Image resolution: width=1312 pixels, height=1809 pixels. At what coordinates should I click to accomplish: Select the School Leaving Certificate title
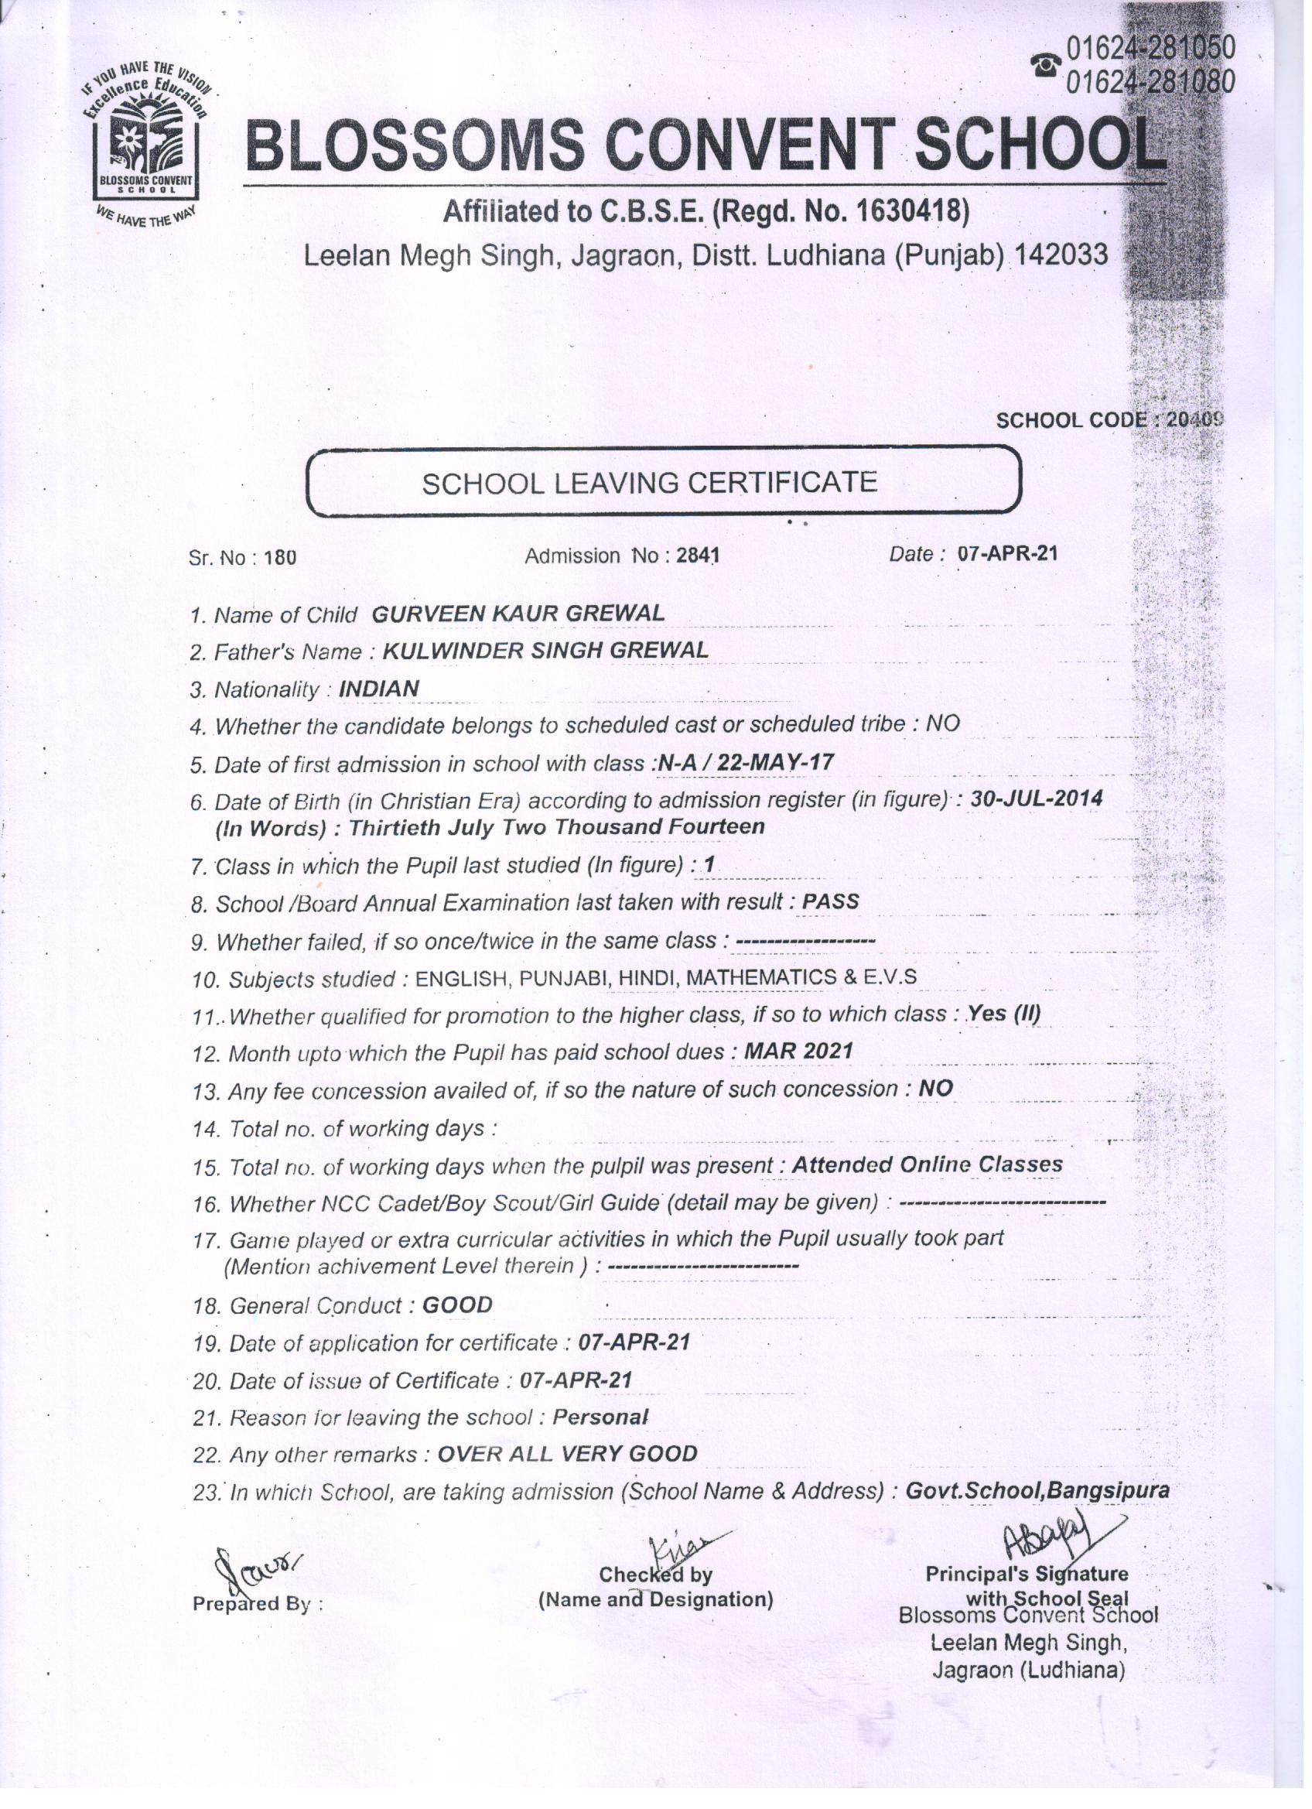(x=649, y=483)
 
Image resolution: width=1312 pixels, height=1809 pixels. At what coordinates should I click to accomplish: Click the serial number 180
(x=280, y=559)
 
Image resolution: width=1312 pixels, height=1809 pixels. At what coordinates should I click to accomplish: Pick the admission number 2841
(x=698, y=556)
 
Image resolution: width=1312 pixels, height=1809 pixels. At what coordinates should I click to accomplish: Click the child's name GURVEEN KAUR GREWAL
(x=518, y=614)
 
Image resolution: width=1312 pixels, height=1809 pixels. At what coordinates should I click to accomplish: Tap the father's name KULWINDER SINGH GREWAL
(x=545, y=651)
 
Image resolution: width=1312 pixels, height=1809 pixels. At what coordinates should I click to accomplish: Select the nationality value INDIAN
(x=379, y=689)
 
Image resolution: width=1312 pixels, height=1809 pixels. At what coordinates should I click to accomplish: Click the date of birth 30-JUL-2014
(x=1036, y=798)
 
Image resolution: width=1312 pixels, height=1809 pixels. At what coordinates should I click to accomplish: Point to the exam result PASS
(x=830, y=901)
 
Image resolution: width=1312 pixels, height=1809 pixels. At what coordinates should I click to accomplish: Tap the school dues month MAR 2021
(x=798, y=1052)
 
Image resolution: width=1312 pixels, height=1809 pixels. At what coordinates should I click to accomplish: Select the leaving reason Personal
(x=600, y=1417)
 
